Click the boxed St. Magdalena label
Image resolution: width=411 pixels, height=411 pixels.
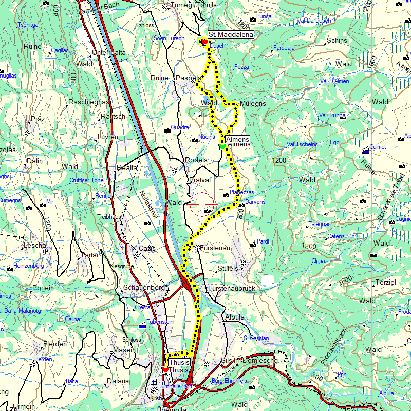pyautogui.click(x=231, y=34)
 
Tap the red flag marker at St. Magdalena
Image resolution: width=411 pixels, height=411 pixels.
pyautogui.click(x=204, y=42)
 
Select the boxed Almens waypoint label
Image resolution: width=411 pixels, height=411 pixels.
pyautogui.click(x=237, y=139)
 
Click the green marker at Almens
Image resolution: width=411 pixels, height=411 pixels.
pyautogui.click(x=222, y=146)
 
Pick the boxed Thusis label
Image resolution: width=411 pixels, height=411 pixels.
pyautogui.click(x=179, y=362)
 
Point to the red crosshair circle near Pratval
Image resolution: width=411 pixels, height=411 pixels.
pyautogui.click(x=200, y=204)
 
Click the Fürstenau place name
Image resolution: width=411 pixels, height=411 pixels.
pyautogui.click(x=215, y=248)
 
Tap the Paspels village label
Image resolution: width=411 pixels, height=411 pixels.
pyautogui.click(x=189, y=78)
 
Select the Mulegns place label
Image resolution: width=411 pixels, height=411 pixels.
pyautogui.click(x=253, y=103)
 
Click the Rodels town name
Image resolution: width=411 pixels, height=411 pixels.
pyautogui.click(x=196, y=160)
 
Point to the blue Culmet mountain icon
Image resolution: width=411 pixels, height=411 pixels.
pyautogui.click(x=365, y=151)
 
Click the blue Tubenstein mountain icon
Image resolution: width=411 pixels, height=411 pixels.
pyautogui.click(x=142, y=325)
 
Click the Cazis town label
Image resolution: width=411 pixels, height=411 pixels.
pyautogui.click(x=147, y=248)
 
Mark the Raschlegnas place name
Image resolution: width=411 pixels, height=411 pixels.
pyautogui.click(x=89, y=102)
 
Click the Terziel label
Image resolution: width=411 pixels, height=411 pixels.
pyautogui.click(x=386, y=283)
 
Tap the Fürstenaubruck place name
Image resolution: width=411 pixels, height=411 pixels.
pyautogui.click(x=231, y=288)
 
